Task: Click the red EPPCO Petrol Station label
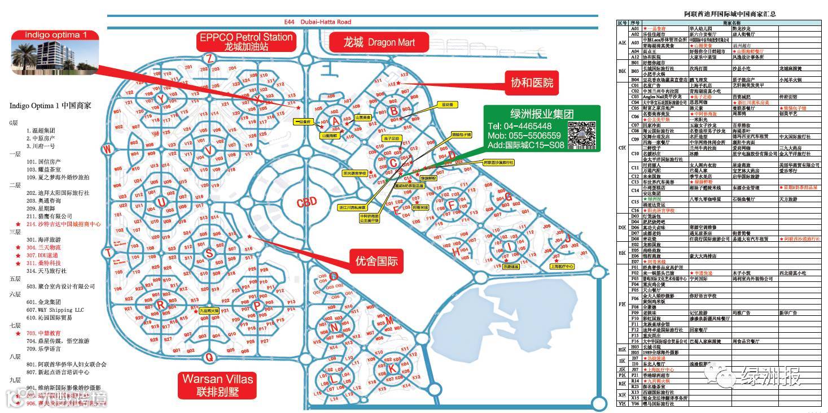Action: [x=246, y=42]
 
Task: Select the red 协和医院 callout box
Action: [x=532, y=82]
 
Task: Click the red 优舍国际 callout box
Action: [x=376, y=261]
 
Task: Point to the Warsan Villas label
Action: [x=217, y=385]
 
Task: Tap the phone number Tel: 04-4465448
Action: [x=520, y=126]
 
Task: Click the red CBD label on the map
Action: [x=306, y=201]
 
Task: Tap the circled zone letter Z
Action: [x=209, y=58]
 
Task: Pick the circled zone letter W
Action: [x=106, y=149]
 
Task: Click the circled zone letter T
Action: [x=107, y=253]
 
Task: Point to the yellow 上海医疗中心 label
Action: [x=562, y=266]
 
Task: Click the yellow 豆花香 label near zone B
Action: [x=446, y=105]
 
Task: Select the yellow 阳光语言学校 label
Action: [x=354, y=173]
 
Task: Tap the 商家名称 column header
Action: [x=731, y=23]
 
